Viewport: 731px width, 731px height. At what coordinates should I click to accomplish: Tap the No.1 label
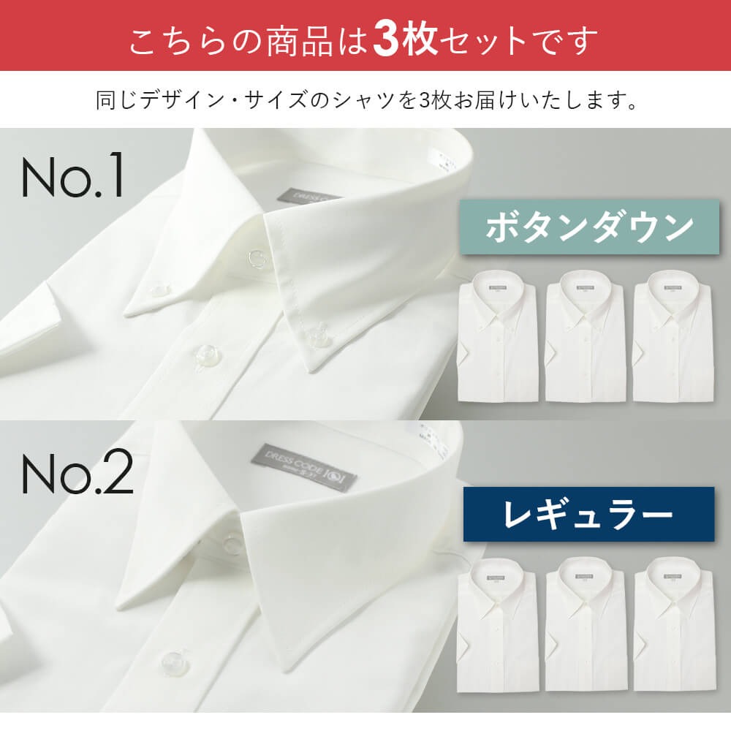pos(73,177)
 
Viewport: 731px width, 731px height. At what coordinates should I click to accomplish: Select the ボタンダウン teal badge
pos(589,228)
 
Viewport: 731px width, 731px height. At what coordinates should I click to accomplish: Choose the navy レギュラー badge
pos(588,514)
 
